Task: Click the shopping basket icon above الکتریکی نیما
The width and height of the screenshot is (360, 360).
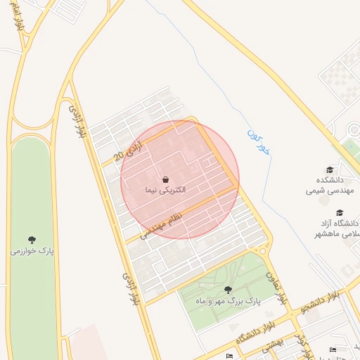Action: pos(165,179)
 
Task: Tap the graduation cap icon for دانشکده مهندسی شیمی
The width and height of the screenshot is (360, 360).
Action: pos(330,169)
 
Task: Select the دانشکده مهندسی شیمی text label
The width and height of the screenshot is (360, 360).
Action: pos(329,185)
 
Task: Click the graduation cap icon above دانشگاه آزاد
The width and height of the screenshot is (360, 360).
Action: pos(340,212)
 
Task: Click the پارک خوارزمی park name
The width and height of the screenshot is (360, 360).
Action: pos(32,250)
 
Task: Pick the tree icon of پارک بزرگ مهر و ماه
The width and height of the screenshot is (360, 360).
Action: pos(228,289)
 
